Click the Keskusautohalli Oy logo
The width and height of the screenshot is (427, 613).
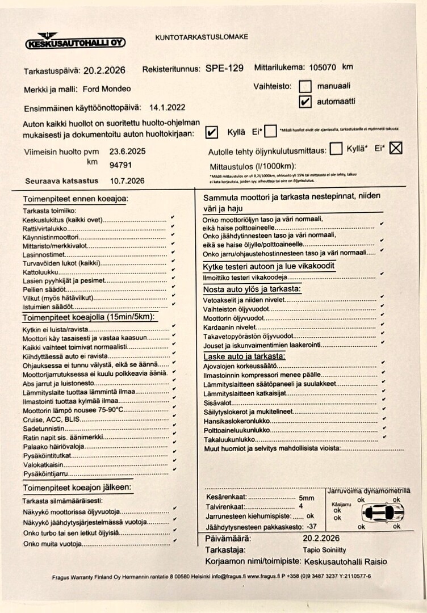click(x=75, y=41)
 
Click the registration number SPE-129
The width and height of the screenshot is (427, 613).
click(x=224, y=69)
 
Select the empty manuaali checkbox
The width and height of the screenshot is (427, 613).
click(x=305, y=87)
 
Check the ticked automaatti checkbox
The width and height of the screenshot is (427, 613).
click(x=305, y=102)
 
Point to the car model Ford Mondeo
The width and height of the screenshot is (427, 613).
click(x=107, y=89)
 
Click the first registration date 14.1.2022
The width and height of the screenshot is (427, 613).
click(x=168, y=107)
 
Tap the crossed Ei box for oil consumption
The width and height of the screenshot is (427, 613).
click(x=396, y=148)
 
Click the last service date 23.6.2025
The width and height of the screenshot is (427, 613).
click(x=128, y=152)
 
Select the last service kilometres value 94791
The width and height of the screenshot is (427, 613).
click(x=120, y=165)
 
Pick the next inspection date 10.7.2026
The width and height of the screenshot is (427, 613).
click(x=128, y=180)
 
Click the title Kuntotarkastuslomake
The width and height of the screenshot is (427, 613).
click(x=202, y=37)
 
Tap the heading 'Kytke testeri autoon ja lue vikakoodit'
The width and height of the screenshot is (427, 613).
click(x=269, y=266)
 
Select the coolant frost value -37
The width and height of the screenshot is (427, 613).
click(x=311, y=527)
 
